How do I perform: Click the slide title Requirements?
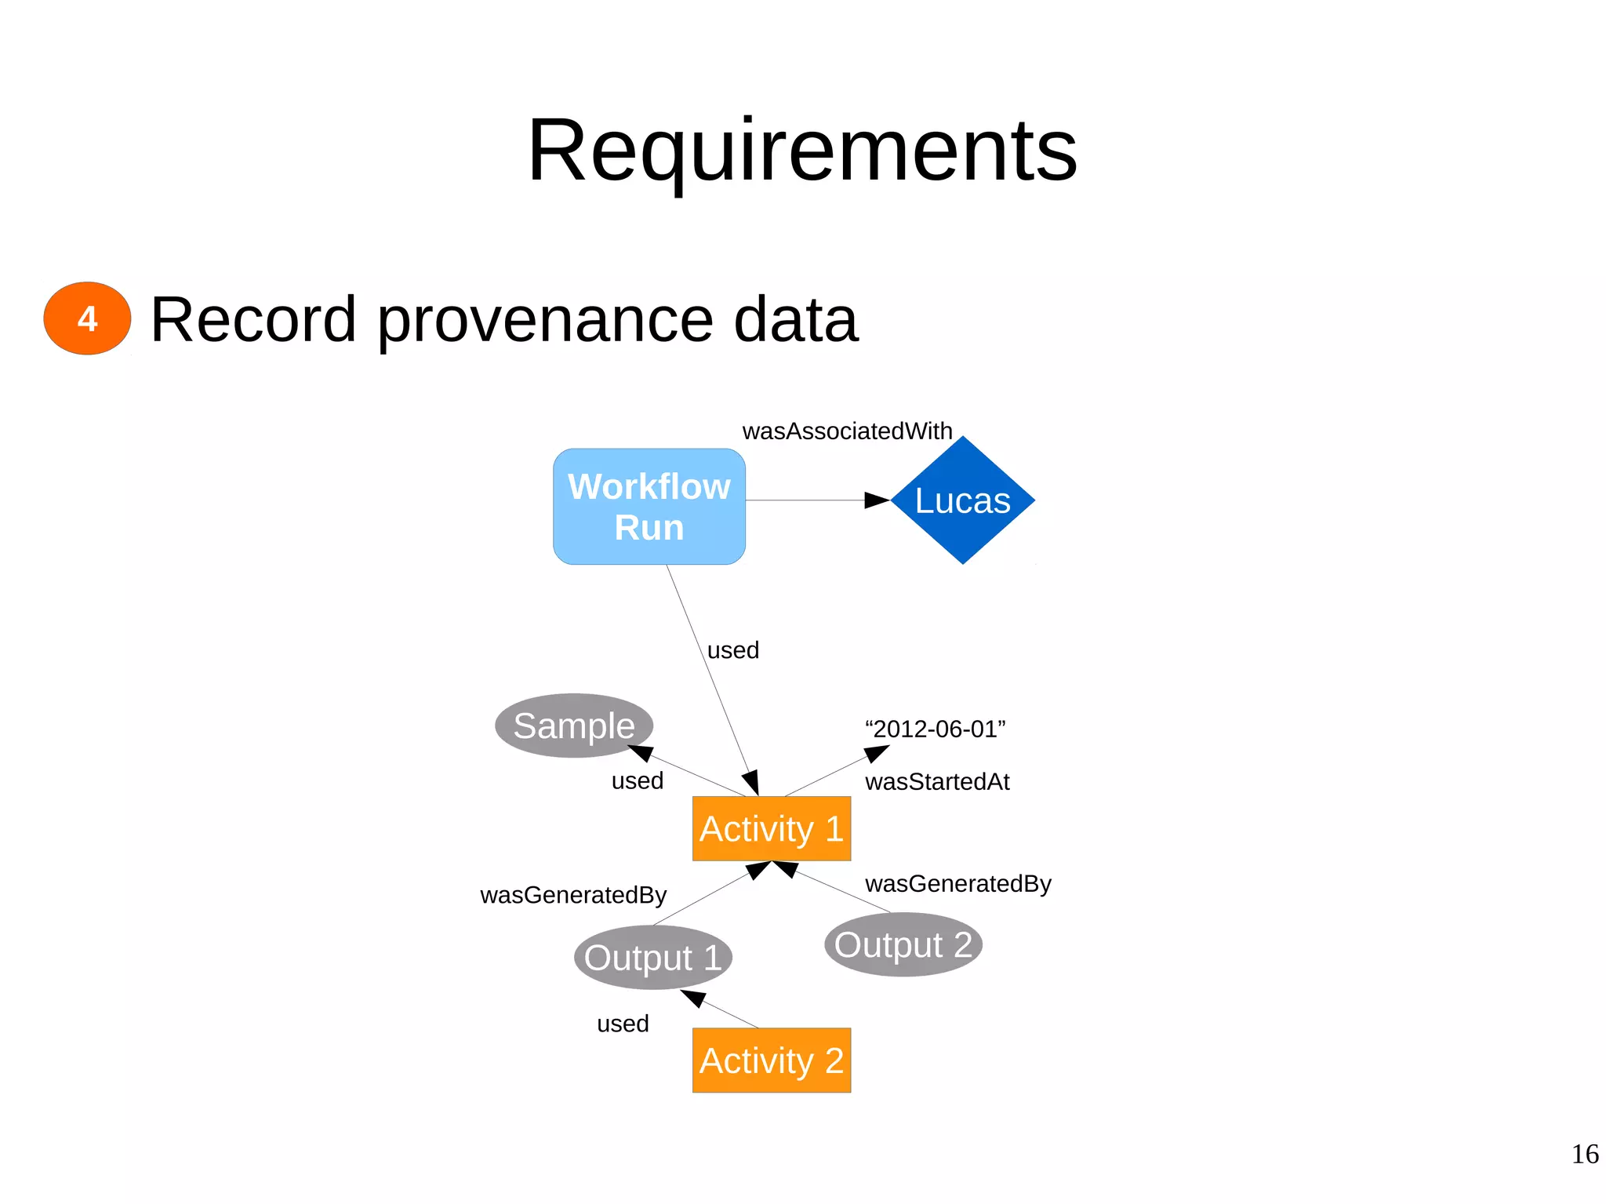(801, 151)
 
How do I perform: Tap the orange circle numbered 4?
(87, 318)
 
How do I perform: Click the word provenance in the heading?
(545, 320)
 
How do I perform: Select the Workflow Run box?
(649, 507)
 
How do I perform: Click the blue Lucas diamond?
(962, 500)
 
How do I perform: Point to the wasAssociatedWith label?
(847, 431)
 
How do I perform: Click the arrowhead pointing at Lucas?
(876, 500)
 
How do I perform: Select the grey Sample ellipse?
(573, 726)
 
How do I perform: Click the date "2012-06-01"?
(935, 729)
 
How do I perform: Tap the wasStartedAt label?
(936, 782)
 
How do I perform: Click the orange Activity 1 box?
(771, 829)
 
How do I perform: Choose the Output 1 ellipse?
(652, 958)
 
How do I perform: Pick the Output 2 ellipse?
(903, 944)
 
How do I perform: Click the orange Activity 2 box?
(771, 1060)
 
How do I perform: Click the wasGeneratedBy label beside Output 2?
(957, 884)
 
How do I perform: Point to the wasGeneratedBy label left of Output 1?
(572, 895)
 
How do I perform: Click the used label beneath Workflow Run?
(732, 650)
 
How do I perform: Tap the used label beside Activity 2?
(623, 1024)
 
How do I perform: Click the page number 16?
(1584, 1154)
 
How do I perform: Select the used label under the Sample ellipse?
(637, 781)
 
